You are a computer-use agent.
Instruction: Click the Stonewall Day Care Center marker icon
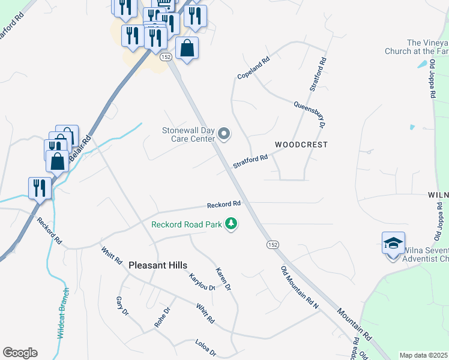click(224, 134)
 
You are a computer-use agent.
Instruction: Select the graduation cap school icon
click(393, 244)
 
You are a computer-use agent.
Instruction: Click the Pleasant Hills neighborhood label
click(158, 265)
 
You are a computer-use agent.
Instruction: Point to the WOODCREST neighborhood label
click(301, 145)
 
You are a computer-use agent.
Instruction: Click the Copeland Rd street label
click(254, 68)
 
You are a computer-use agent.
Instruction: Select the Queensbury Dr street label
click(309, 114)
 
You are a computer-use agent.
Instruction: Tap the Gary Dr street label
click(122, 305)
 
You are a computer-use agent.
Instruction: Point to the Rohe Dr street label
click(163, 317)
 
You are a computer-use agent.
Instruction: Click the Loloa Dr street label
click(205, 347)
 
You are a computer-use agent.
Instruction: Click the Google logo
click(20, 353)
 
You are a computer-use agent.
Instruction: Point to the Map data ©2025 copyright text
click(424, 355)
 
